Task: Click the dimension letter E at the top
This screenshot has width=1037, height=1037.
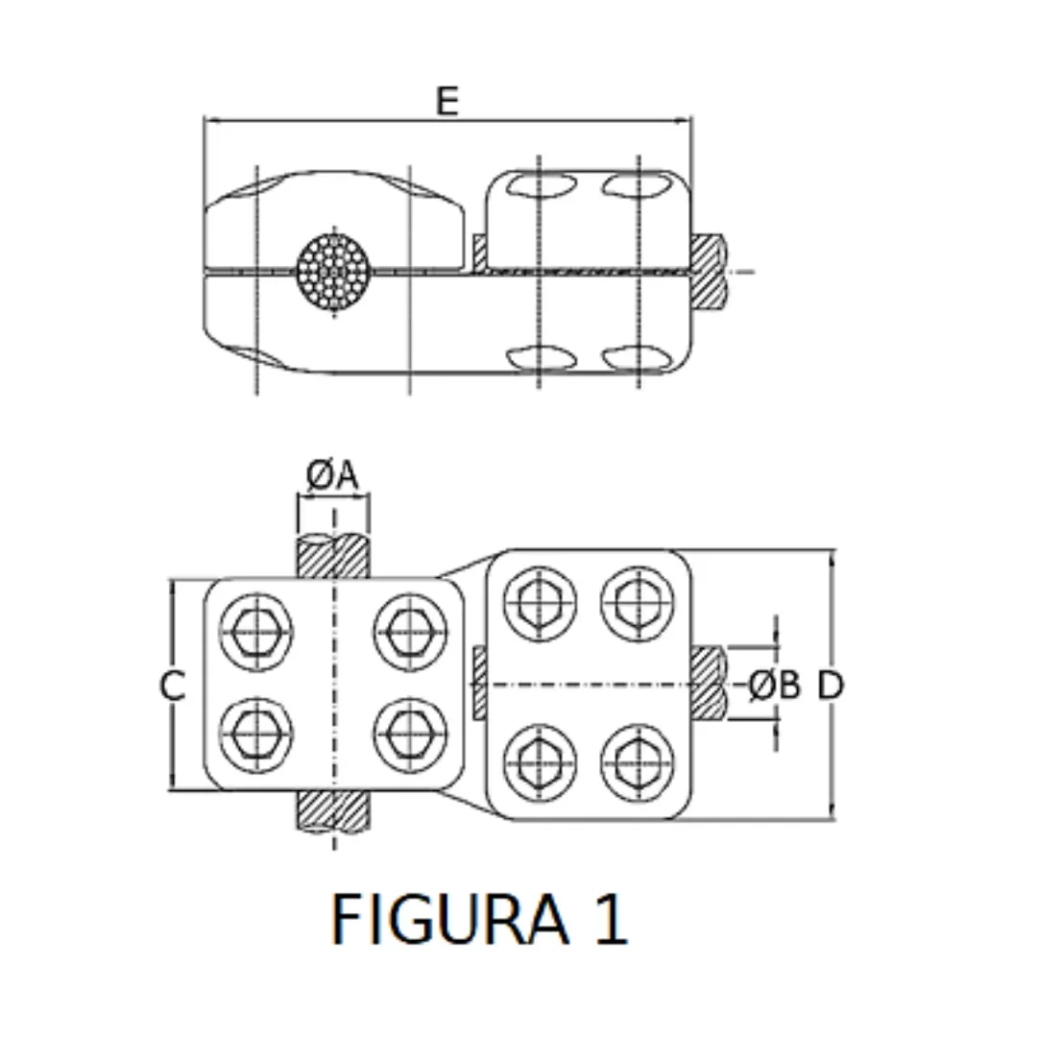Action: [446, 100]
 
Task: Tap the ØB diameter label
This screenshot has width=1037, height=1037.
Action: [774, 686]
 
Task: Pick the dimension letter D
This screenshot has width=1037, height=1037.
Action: [831, 686]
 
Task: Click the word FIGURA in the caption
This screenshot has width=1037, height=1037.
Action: [448, 918]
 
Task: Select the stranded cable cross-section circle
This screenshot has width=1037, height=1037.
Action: [333, 273]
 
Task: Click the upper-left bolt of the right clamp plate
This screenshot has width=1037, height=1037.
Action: [540, 602]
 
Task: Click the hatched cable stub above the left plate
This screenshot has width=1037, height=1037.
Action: [333, 557]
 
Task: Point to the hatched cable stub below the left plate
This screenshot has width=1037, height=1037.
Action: [333, 811]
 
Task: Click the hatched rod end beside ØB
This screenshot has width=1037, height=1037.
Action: [709, 684]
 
